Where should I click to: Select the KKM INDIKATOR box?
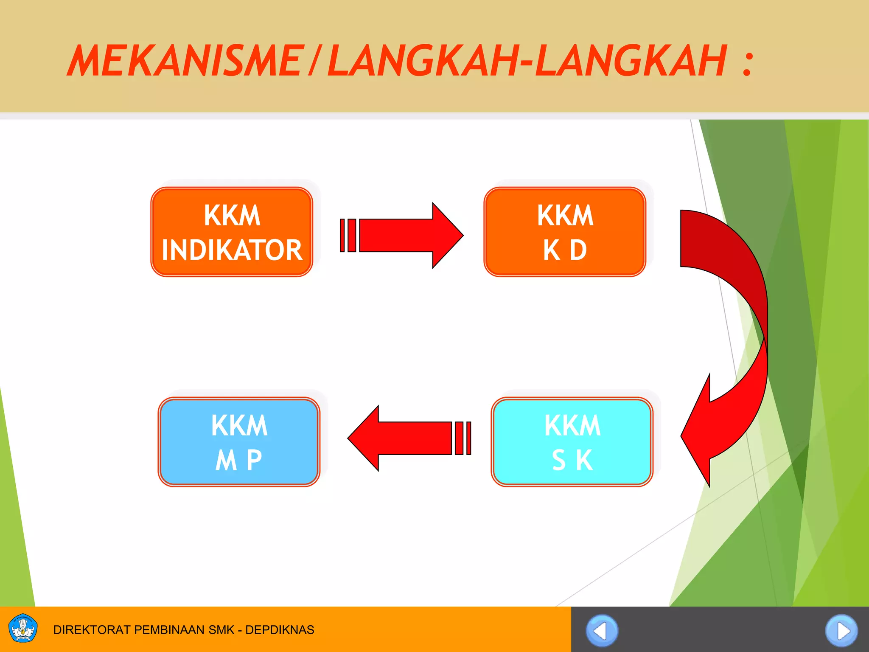click(x=232, y=232)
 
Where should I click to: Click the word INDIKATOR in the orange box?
click(x=232, y=250)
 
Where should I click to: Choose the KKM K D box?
click(x=565, y=232)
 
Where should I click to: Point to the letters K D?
click(x=565, y=250)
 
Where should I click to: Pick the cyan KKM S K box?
click(x=572, y=442)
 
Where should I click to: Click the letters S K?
click(x=572, y=460)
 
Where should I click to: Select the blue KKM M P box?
click(x=239, y=442)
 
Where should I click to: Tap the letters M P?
click(x=239, y=460)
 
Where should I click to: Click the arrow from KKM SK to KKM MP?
click(x=407, y=438)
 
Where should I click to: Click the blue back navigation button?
click(x=602, y=631)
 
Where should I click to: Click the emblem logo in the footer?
click(x=23, y=629)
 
